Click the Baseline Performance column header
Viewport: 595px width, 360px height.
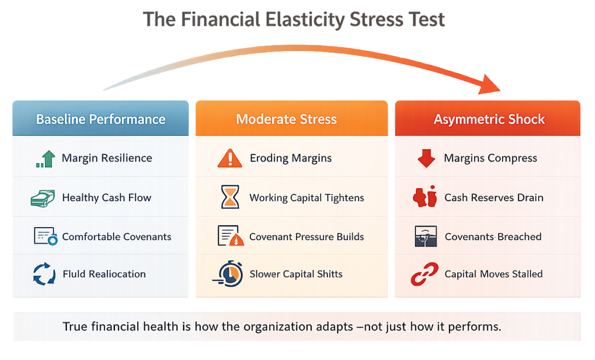101,120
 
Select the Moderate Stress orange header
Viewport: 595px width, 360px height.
286,120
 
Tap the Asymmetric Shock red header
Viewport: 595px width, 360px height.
489,120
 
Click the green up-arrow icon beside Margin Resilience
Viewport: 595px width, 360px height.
45,159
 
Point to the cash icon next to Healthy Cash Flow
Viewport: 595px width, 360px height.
43,197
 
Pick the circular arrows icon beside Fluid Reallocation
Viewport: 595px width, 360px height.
44,274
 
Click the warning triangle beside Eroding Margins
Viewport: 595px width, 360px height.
230,158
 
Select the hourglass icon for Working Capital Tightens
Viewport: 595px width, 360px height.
230,197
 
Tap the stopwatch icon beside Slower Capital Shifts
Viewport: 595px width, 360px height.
230,274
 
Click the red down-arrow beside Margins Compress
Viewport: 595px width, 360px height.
426,159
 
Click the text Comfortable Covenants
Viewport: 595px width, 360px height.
116,237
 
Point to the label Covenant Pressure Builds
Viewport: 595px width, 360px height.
306,237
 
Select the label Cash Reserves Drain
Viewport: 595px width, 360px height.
494,198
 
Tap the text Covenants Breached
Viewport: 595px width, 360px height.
493,237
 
